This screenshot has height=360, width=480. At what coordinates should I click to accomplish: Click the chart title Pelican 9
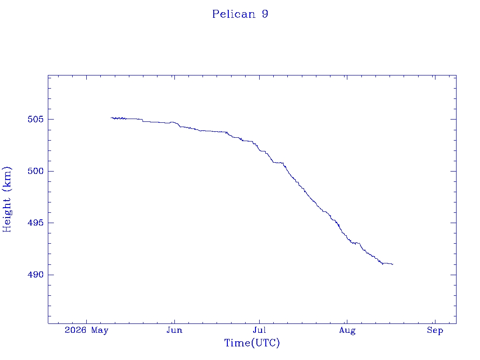(240, 14)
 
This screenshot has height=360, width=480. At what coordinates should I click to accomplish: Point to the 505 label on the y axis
(36, 119)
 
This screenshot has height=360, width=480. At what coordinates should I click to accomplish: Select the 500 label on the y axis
(36, 171)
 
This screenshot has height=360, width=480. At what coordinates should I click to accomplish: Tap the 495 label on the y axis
(36, 223)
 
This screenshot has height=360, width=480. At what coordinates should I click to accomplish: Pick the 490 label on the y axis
(36, 275)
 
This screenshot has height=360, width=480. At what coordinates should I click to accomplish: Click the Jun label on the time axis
(174, 330)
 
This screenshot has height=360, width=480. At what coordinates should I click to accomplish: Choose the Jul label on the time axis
(259, 330)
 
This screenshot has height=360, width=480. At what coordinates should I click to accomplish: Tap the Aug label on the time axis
(347, 330)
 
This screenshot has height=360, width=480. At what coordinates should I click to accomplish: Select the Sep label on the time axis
(435, 330)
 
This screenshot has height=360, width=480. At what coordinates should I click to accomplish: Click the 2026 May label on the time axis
(87, 330)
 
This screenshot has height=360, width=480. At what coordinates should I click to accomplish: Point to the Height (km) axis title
(7, 199)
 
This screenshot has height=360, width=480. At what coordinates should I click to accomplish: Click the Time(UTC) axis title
(252, 343)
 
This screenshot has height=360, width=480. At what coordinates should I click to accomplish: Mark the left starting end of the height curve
(111, 118)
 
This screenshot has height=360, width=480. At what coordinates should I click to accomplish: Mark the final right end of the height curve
(393, 264)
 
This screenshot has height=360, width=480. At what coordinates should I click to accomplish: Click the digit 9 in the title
(265, 14)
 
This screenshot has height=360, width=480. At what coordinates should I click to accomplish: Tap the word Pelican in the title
(234, 14)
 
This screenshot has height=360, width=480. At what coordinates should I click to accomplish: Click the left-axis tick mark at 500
(51, 171)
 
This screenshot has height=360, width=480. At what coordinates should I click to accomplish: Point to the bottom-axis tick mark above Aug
(347, 321)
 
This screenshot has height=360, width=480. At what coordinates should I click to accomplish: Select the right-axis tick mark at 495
(453, 223)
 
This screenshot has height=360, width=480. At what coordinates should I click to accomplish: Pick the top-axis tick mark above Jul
(259, 78)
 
